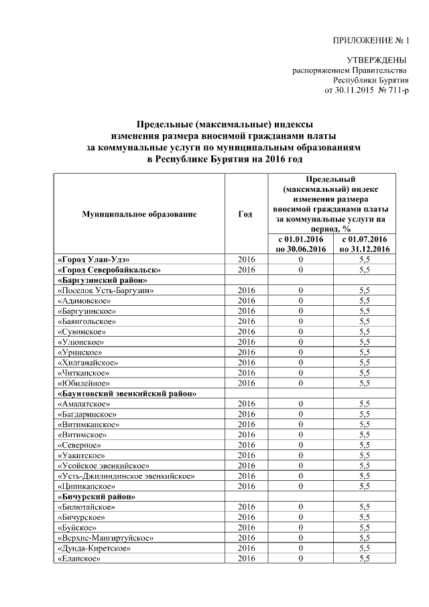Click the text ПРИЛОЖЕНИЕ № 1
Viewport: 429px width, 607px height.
click(x=371, y=42)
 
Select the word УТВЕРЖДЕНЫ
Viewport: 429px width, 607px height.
click(x=380, y=61)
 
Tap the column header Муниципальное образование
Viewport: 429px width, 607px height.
click(x=139, y=214)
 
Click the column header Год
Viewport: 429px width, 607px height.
click(x=245, y=214)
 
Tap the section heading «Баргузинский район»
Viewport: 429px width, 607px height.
click(x=102, y=280)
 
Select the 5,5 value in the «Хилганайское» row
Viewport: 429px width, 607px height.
click(x=365, y=362)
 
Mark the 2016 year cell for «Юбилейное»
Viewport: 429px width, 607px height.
click(x=246, y=382)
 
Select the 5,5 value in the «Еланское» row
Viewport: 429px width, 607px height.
click(x=365, y=558)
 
